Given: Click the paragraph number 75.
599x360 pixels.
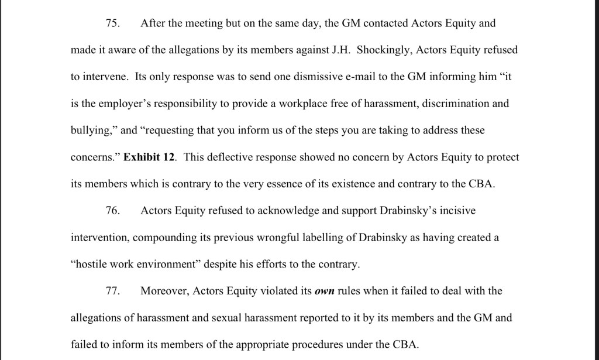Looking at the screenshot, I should pyautogui.click(x=112, y=24).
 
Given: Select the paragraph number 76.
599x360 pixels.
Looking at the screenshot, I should pyautogui.click(x=112, y=211).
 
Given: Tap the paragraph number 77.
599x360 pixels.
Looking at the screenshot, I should pyautogui.click(x=112, y=291).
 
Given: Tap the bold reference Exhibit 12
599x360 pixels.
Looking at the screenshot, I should pyautogui.click(x=150, y=157).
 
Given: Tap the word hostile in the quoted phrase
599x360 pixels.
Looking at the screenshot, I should pyautogui.click(x=90, y=265).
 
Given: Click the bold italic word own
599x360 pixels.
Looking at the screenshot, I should pyautogui.click(x=324, y=291).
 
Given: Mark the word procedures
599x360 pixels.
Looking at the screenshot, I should pyautogui.click(x=319, y=345).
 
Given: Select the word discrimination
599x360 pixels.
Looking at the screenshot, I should pyautogui.click(x=452, y=104).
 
